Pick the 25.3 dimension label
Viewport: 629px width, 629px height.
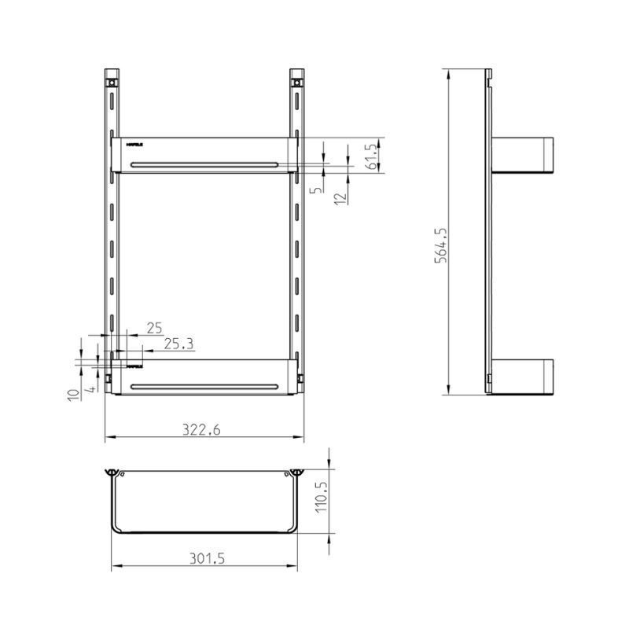[x=178, y=344]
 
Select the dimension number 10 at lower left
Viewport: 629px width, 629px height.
[x=72, y=395]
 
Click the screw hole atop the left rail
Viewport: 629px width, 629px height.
[x=113, y=82]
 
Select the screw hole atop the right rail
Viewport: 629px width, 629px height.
[x=297, y=82]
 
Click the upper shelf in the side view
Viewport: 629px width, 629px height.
[x=524, y=155]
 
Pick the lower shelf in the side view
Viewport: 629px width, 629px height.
[x=524, y=377]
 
